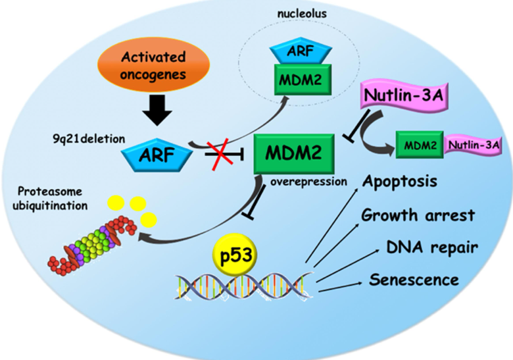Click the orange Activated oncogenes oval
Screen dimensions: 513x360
click(153, 65)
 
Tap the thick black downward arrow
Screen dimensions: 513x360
click(157, 110)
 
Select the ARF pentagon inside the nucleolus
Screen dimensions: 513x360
click(301, 52)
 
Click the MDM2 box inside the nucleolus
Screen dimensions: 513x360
click(303, 80)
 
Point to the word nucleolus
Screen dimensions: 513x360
click(302, 14)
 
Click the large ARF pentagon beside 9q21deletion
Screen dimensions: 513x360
click(157, 155)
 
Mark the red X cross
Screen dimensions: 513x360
click(222, 154)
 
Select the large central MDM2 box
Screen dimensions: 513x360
click(294, 153)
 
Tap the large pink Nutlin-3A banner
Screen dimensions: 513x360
click(404, 95)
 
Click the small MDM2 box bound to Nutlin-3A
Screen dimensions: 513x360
click(420, 145)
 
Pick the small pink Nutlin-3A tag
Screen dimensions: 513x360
click(473, 145)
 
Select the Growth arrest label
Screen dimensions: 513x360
click(418, 215)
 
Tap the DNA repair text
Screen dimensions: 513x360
click(432, 247)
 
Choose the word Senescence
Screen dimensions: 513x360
click(414, 280)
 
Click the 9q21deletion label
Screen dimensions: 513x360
click(89, 139)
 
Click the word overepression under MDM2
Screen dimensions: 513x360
click(308, 182)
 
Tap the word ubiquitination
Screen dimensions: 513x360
click(50, 206)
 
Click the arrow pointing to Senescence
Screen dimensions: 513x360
click(340, 286)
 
